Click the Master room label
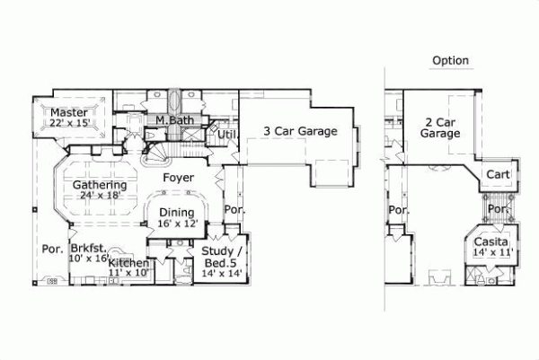[68, 112]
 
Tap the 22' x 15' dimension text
[69, 123]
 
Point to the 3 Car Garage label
[300, 131]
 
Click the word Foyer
[179, 178]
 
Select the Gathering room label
[87, 184]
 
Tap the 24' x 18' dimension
[87, 195]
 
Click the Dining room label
[177, 213]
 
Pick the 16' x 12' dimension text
[177, 224]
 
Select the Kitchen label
[128, 262]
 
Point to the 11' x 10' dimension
[128, 272]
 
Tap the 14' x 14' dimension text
[219, 272]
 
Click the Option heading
[450, 61]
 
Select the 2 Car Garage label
[440, 127]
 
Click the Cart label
[498, 174]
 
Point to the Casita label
[491, 243]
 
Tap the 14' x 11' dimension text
[491, 254]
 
